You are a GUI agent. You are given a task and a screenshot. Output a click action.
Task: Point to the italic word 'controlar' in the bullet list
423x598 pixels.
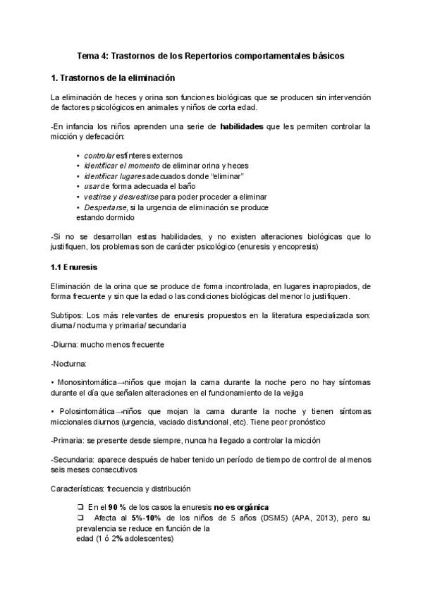[x=99, y=155]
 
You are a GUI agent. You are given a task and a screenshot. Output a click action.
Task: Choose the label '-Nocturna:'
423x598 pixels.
[x=69, y=363]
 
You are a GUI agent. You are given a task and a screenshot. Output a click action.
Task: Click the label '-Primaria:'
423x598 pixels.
[x=68, y=441]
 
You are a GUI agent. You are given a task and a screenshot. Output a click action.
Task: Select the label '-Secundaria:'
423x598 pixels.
[x=73, y=459]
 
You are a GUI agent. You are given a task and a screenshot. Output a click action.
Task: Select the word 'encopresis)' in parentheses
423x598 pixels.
[x=300, y=249]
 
